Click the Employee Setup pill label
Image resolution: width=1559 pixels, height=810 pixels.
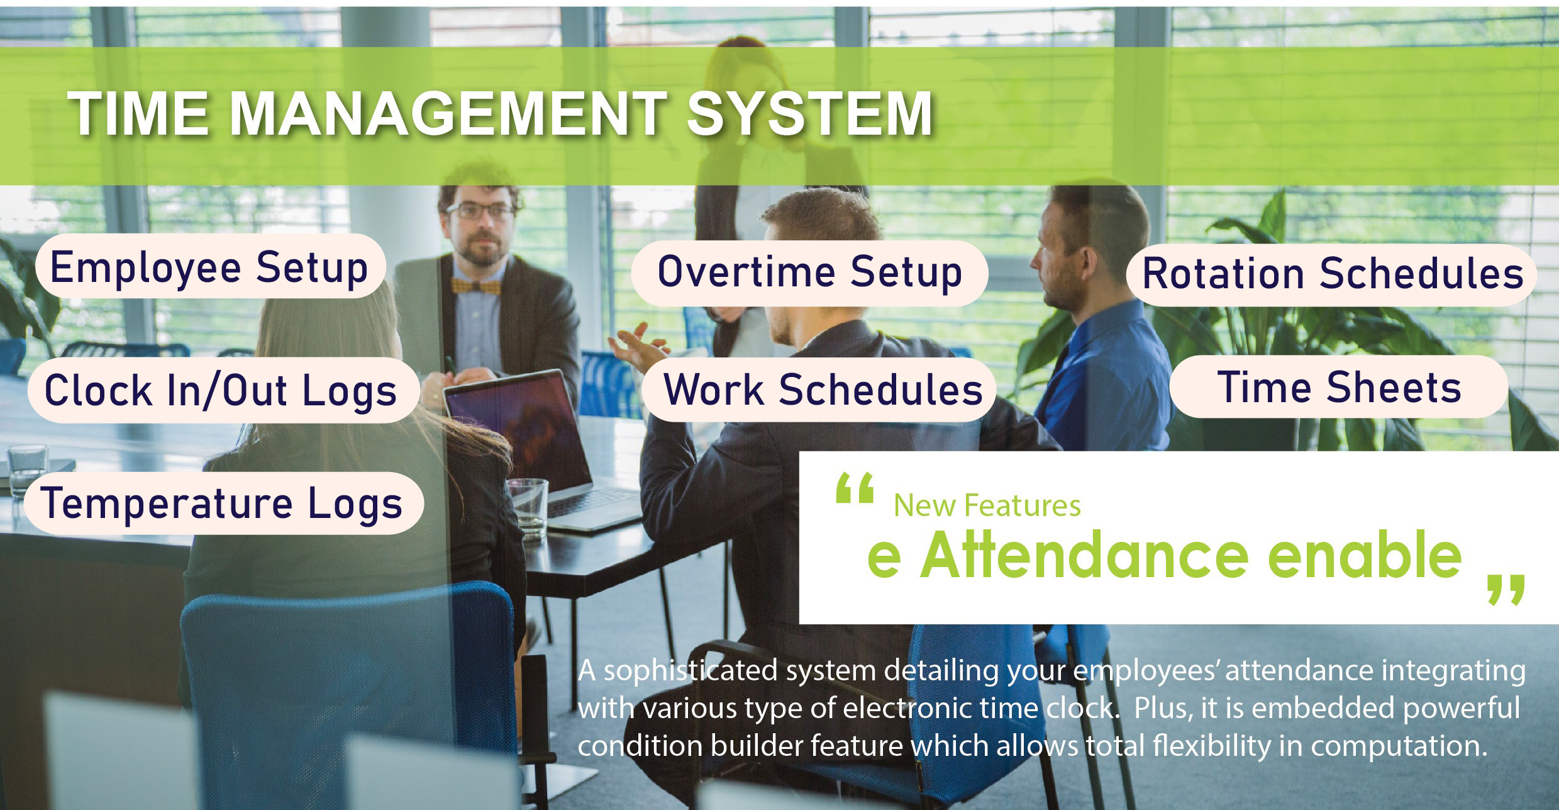point(210,266)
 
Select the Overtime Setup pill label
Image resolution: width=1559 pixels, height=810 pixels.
point(809,273)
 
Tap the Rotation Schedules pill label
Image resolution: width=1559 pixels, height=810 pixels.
point(1331,274)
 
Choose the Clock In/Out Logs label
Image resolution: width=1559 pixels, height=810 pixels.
point(223,390)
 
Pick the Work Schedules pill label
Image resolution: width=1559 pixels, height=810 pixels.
point(819,389)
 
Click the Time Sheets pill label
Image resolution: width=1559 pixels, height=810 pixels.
point(1339,386)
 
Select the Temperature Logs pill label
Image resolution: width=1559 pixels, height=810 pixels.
point(223,503)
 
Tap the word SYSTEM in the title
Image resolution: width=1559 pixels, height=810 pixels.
point(810,114)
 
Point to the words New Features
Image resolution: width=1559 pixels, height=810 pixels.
point(987,505)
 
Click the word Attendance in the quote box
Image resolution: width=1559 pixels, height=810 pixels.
point(1084,554)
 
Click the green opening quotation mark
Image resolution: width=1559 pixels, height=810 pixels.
point(855,488)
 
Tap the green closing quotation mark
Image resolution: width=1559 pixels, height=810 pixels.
point(1506,590)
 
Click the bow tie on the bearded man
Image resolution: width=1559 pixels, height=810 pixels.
point(476,287)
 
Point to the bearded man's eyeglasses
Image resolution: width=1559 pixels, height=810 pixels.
point(480,211)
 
